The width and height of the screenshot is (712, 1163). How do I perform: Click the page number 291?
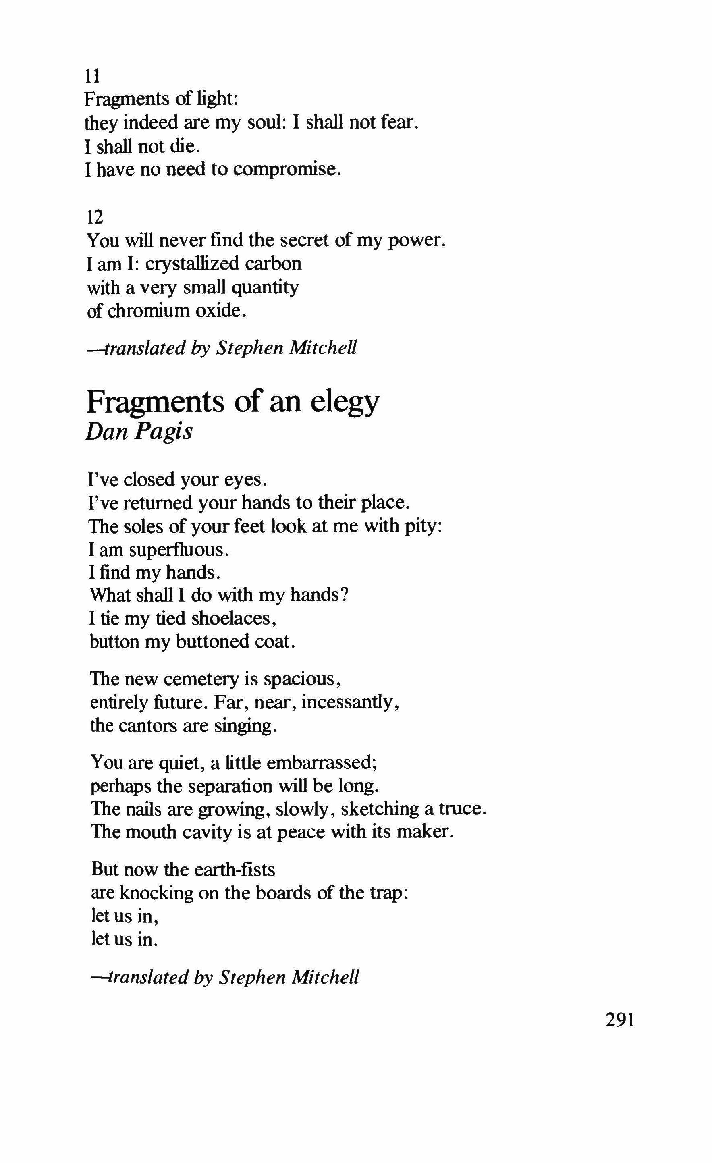[x=619, y=1020]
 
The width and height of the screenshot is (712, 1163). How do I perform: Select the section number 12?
[x=94, y=218]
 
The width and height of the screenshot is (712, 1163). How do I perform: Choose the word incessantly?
[x=350, y=702]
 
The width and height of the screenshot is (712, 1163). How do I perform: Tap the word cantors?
[x=147, y=725]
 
